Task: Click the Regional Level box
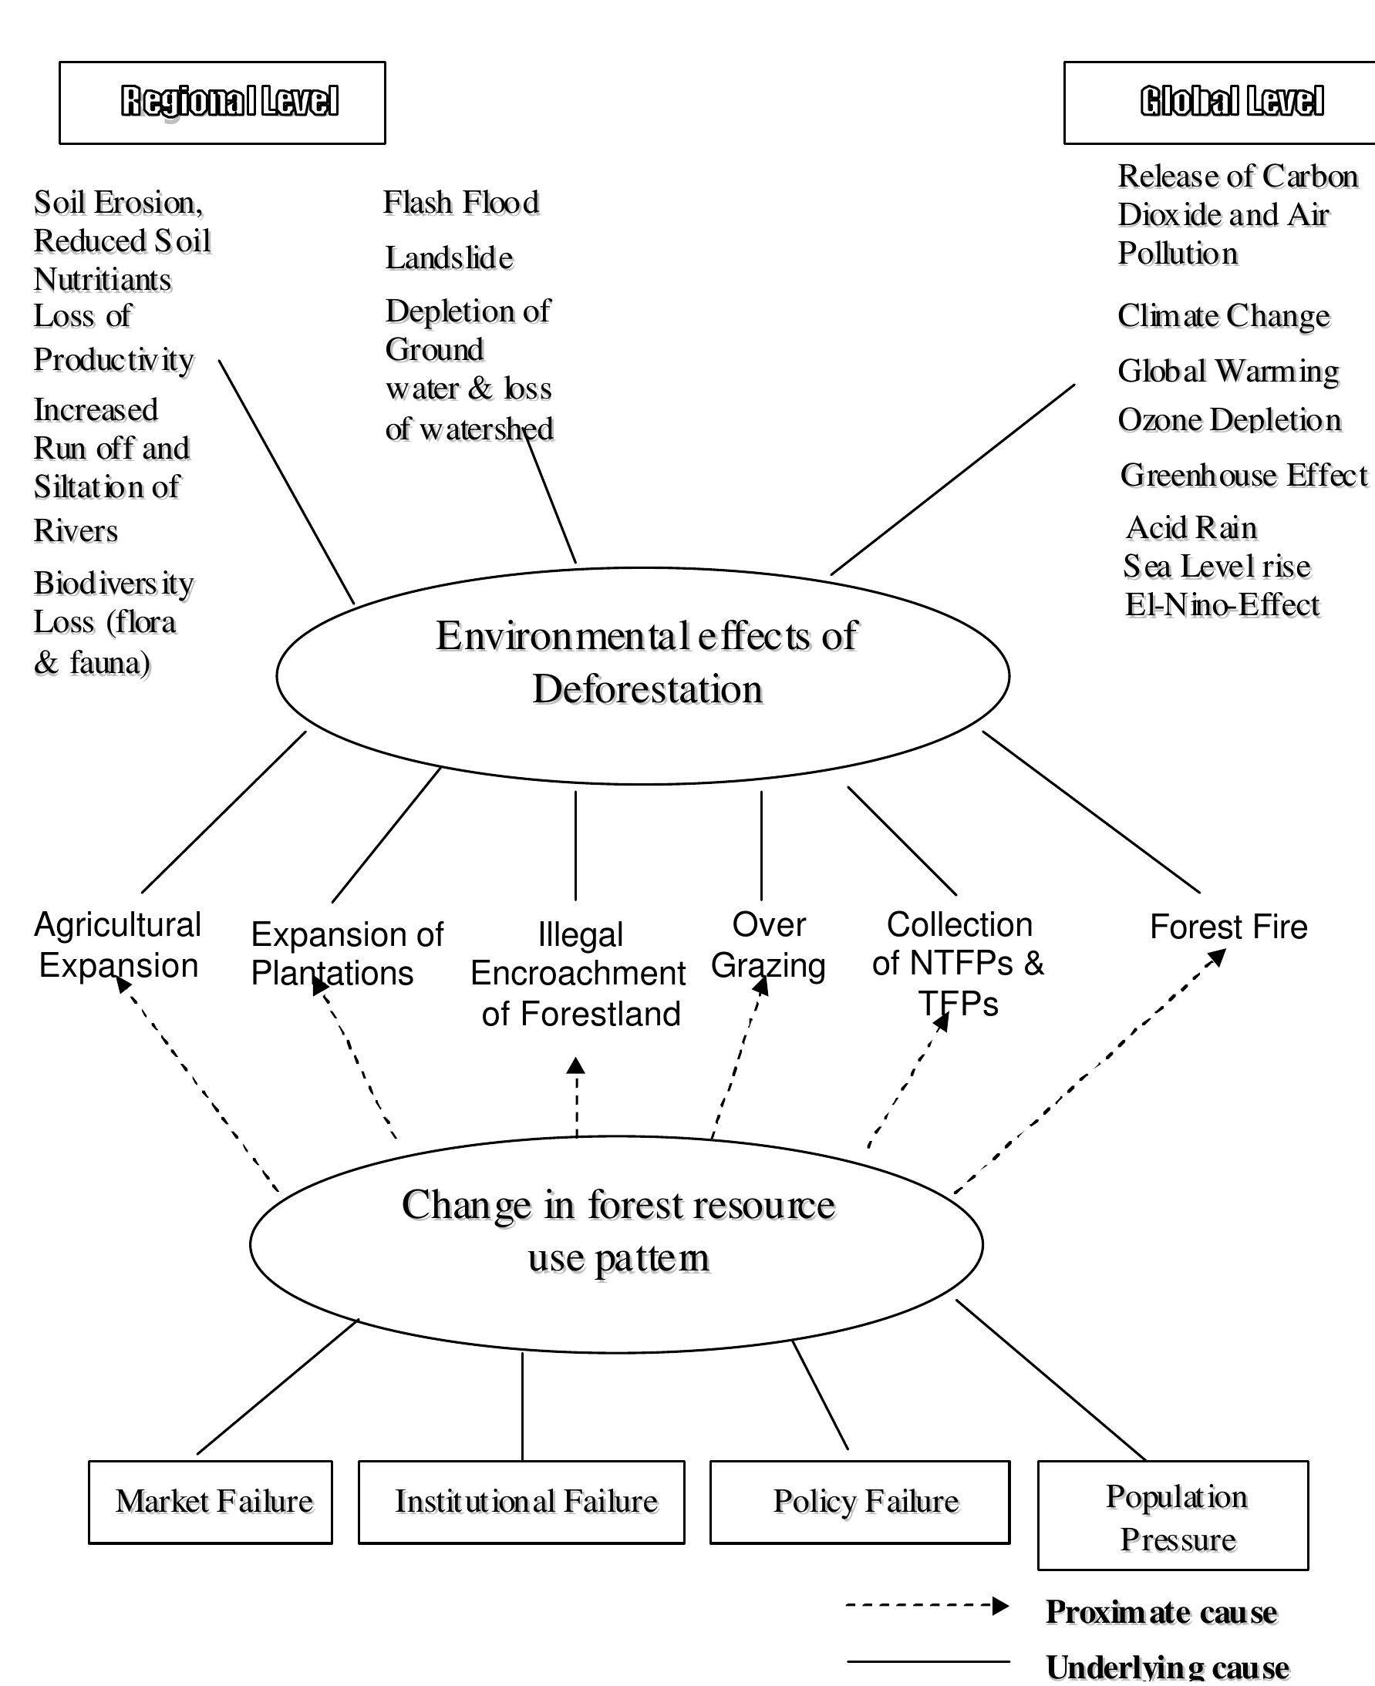click(222, 103)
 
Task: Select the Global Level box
click(1220, 103)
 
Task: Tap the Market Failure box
click(211, 1502)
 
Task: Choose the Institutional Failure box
click(521, 1502)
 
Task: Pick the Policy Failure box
click(860, 1502)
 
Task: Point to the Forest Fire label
click(1228, 927)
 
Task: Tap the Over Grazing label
click(768, 945)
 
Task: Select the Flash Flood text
click(461, 203)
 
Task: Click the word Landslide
click(449, 258)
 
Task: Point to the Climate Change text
click(1224, 316)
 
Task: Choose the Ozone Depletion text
click(1229, 419)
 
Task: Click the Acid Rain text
click(1191, 527)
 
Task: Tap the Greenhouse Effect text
click(1244, 475)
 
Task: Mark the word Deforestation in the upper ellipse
click(647, 689)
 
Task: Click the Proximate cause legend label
click(1161, 1611)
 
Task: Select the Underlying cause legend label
click(1168, 1667)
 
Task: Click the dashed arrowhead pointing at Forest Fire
click(1218, 957)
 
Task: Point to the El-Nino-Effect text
click(1222, 605)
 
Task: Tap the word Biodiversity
click(113, 584)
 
